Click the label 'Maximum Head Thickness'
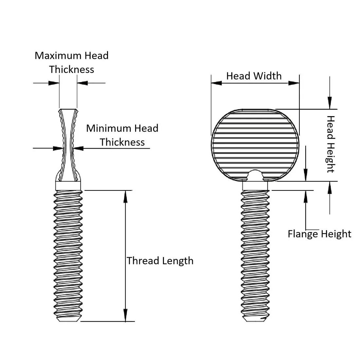point(71,62)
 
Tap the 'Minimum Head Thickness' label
point(122,135)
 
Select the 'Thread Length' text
point(160,261)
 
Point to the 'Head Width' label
point(254,76)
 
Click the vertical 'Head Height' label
point(331,144)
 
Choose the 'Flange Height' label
point(319,234)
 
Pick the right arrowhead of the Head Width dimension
point(294,83)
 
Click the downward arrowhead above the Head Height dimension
point(330,102)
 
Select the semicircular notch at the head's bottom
point(255,175)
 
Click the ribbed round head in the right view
point(255,141)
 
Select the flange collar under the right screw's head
point(255,186)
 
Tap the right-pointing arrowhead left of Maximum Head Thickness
point(54,83)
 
